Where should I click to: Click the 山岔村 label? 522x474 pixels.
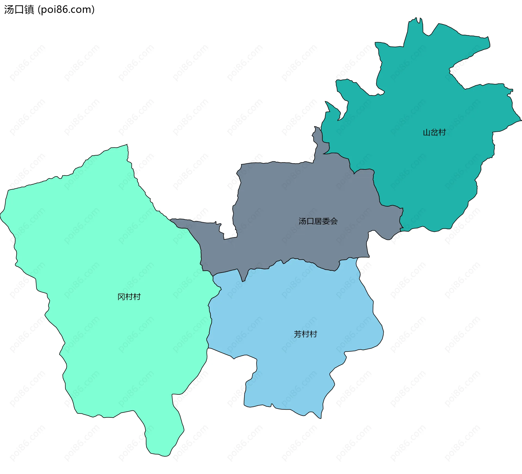[434, 133]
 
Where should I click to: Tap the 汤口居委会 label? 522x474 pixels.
[318, 221]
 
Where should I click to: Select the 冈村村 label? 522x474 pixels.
[129, 297]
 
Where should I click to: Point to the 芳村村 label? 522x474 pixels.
[305, 334]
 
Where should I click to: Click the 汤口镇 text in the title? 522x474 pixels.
[19, 10]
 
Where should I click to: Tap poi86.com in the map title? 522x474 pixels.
[66, 10]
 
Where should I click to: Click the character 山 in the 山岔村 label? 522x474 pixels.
[427, 133]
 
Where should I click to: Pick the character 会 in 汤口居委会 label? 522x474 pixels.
[334, 221]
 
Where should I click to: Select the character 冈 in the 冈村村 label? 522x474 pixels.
[121, 297]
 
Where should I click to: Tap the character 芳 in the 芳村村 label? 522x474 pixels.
[298, 334]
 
